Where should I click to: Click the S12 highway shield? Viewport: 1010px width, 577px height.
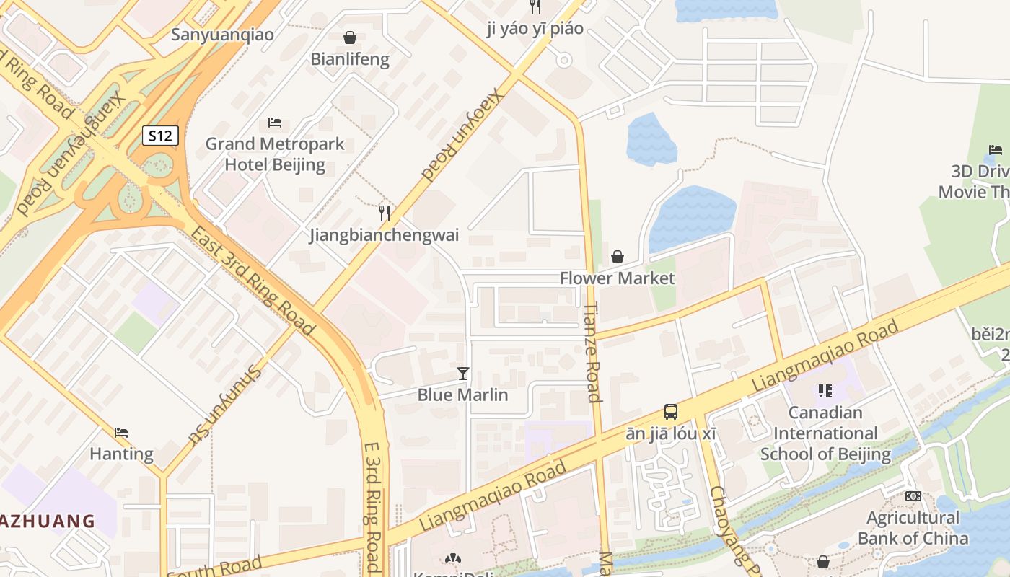click(160, 136)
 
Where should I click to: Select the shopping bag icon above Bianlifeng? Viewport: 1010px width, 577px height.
click(350, 37)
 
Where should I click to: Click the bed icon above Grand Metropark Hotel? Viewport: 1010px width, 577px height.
click(275, 122)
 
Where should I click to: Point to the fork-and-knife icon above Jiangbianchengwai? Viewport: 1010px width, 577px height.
click(385, 213)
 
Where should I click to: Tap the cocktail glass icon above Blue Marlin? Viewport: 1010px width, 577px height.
click(463, 373)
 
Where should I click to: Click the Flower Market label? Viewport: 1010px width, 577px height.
click(617, 278)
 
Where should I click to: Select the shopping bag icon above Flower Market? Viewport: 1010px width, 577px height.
click(618, 256)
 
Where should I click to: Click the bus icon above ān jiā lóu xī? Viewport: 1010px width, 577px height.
click(671, 412)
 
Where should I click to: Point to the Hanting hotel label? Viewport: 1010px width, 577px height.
click(121, 454)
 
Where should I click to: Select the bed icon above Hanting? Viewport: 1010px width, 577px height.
click(121, 433)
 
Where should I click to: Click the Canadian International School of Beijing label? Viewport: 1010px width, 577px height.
click(825, 433)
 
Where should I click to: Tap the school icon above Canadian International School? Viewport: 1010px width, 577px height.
click(825, 391)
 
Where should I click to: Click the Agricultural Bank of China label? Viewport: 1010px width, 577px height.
click(913, 528)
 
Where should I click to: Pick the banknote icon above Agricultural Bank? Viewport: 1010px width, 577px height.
click(913, 496)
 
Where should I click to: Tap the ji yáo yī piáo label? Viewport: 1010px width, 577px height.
click(535, 29)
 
